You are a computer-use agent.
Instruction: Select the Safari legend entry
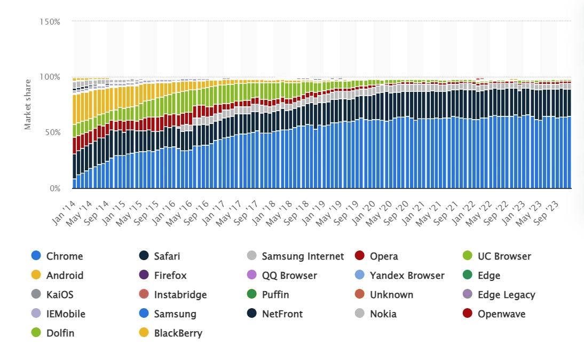[x=167, y=256]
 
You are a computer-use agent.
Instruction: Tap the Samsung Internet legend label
[x=303, y=256]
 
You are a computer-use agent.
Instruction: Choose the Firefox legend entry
[x=170, y=276]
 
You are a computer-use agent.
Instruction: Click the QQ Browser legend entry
[x=289, y=276]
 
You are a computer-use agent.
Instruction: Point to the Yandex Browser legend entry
[x=407, y=276]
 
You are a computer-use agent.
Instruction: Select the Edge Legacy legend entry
[x=506, y=295]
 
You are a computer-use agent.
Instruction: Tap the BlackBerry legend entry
[x=178, y=333]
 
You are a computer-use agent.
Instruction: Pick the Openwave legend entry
[x=501, y=314]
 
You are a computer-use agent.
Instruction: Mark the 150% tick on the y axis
[x=50, y=21]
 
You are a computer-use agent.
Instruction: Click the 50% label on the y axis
[x=52, y=132]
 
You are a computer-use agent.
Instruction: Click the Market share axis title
[x=27, y=104]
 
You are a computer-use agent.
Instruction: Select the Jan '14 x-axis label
[x=65, y=206]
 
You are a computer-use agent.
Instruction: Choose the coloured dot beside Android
[x=36, y=276]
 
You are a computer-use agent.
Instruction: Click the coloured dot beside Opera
[x=360, y=256]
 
